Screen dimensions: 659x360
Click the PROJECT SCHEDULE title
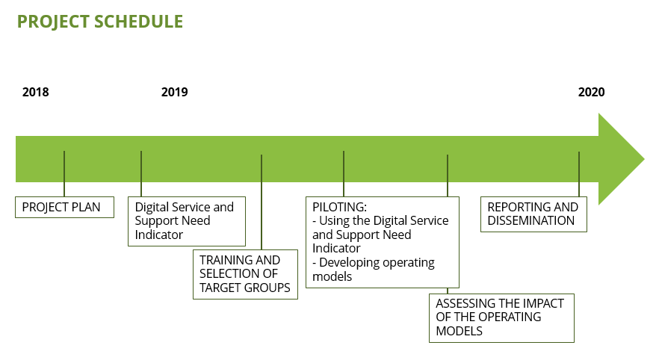pyautogui.click(x=100, y=22)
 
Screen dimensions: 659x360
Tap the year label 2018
pyautogui.click(x=36, y=92)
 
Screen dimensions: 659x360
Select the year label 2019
pyautogui.click(x=174, y=92)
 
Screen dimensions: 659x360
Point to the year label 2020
pyautogui.click(x=591, y=92)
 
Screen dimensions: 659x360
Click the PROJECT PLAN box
pyautogui.click(x=64, y=207)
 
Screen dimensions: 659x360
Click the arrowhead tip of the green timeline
pyautogui.click(x=644, y=159)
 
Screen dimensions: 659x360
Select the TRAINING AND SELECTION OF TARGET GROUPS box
pyautogui.click(x=245, y=274)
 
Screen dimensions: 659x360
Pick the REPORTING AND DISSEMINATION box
pyautogui.click(x=533, y=214)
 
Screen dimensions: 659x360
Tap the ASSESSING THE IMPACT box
pyautogui.click(x=501, y=318)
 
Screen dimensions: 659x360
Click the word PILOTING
pyautogui.click(x=339, y=207)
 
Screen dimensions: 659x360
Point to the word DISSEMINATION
pyautogui.click(x=530, y=220)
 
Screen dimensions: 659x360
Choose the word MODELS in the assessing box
pyautogui.click(x=459, y=331)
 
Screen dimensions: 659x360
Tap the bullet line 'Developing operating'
pyautogui.click(x=374, y=263)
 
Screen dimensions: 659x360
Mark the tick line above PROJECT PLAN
pyautogui.click(x=64, y=174)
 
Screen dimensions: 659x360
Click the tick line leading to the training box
pyautogui.click(x=262, y=202)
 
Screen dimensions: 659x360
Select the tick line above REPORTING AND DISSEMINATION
pyautogui.click(x=579, y=174)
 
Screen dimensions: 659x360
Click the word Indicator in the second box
pyautogui.click(x=159, y=235)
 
